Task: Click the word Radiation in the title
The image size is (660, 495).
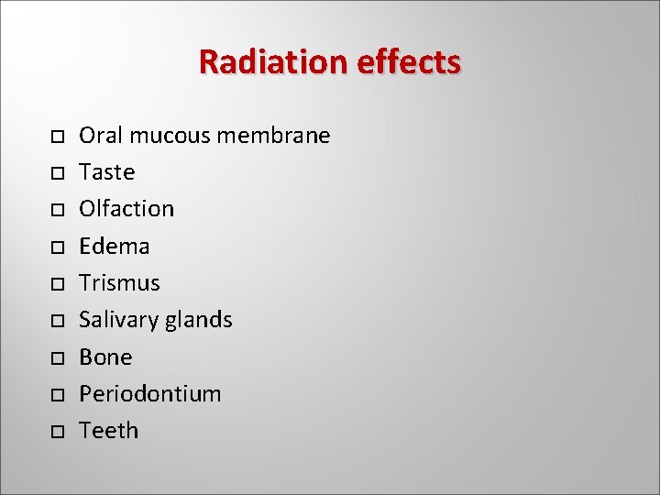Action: [270, 62]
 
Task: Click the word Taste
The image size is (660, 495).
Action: [107, 172]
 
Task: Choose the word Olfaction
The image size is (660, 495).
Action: [126, 209]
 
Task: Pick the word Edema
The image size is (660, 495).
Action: [115, 246]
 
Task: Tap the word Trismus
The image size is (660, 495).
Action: [119, 282]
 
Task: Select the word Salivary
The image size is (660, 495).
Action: [118, 320]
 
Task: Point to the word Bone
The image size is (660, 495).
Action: [105, 357]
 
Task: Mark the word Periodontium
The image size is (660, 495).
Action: [150, 393]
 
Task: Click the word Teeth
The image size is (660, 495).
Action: [108, 430]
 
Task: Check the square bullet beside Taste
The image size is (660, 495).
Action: [56, 173]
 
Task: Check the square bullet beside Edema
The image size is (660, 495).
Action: [56, 247]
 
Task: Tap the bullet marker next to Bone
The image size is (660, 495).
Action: [56, 357]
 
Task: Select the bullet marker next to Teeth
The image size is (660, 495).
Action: [56, 431]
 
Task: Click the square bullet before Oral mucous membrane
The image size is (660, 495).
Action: [56, 137]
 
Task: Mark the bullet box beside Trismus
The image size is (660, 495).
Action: [56, 283]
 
